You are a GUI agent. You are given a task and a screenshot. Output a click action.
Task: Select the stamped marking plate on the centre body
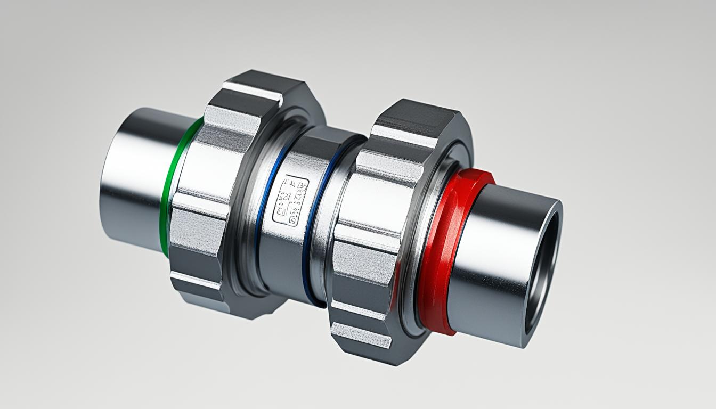290,201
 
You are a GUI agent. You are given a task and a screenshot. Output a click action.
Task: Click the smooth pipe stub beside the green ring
133,176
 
